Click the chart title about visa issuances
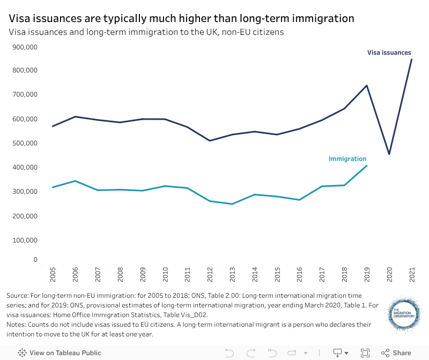(181, 18)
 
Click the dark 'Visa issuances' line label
(389, 53)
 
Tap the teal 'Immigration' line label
(347, 159)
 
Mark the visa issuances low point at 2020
(389, 154)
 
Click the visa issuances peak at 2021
(411, 59)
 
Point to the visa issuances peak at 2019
(366, 85)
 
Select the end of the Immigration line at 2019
(366, 166)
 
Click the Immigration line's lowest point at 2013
(233, 204)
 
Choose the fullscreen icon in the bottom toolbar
(365, 352)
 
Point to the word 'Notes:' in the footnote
(17, 325)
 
